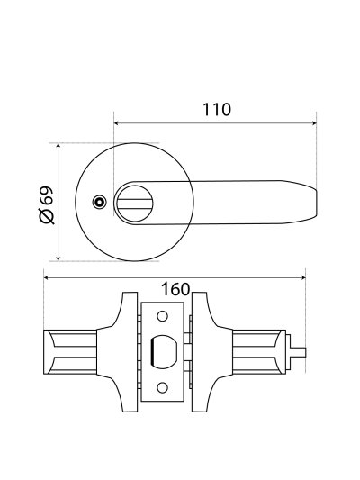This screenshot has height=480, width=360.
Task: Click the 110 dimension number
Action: tap(217, 110)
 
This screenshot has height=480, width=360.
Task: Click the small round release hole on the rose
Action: tap(99, 202)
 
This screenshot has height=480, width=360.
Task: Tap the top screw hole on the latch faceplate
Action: tap(163, 317)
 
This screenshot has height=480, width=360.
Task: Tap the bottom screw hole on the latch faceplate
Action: tap(163, 387)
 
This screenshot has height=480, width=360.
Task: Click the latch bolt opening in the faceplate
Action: tap(163, 352)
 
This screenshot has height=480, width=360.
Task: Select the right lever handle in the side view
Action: tap(260, 352)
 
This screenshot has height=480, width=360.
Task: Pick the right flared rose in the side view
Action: tap(209, 352)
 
